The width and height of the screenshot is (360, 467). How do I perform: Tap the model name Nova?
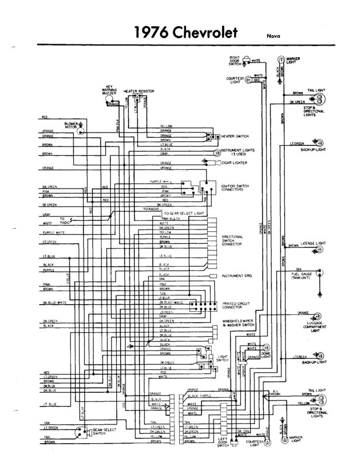click(274, 35)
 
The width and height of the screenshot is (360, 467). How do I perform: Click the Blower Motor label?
click(72, 125)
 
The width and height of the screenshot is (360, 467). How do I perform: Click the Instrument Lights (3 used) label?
click(239, 152)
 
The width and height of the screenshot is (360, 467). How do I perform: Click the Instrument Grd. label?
click(236, 275)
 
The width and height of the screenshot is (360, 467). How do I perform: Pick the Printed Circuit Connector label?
click(236, 305)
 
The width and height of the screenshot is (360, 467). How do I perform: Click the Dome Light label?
click(267, 354)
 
